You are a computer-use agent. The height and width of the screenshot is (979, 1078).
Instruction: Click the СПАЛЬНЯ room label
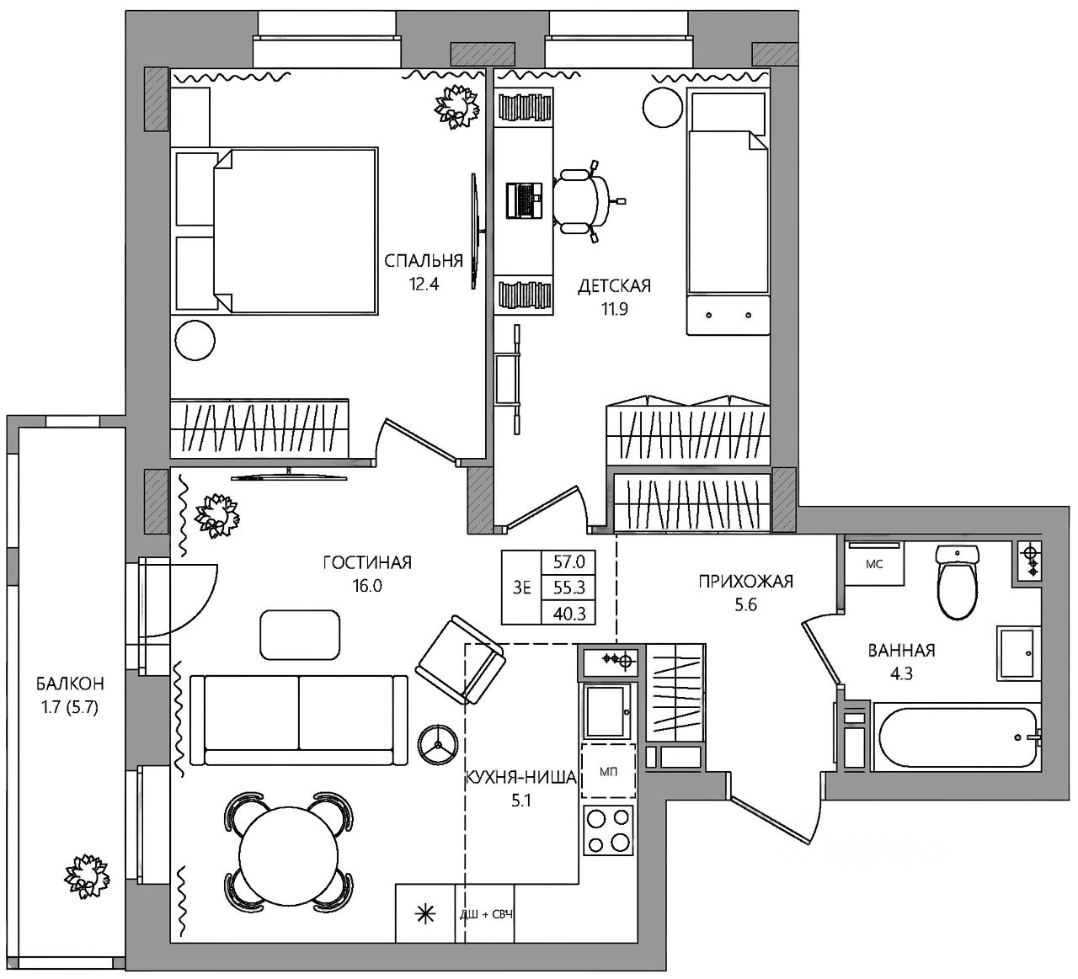[x=424, y=261]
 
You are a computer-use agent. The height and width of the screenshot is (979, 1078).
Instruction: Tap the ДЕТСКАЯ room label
[x=614, y=286]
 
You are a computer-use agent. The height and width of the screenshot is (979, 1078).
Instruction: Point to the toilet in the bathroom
[x=957, y=582]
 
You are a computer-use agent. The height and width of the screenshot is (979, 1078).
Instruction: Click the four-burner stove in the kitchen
[x=608, y=831]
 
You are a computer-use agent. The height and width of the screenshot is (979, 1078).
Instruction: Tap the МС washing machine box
[x=874, y=564]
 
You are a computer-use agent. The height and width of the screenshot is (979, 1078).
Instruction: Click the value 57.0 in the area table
[x=569, y=562]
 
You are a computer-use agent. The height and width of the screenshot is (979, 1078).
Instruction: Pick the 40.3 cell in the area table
[x=569, y=614]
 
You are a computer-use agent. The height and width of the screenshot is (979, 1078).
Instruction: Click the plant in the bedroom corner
[x=457, y=106]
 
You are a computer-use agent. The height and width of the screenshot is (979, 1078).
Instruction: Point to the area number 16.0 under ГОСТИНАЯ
[x=367, y=586]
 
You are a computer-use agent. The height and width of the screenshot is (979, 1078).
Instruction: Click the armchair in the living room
[x=461, y=660]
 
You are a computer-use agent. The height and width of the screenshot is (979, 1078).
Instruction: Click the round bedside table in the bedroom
[x=195, y=340]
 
